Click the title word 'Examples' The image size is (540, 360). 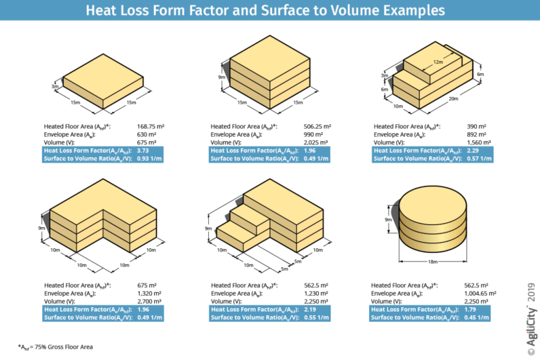pyautogui.click(x=411, y=10)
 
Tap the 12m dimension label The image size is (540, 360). pyautogui.click(x=438, y=62)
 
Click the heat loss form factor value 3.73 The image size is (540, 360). pyautogui.click(x=144, y=150)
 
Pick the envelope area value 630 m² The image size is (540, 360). pyautogui.click(x=147, y=134)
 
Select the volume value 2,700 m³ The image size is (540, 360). pyautogui.click(x=150, y=301)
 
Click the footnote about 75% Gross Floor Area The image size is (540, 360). pyautogui.click(x=51, y=347)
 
